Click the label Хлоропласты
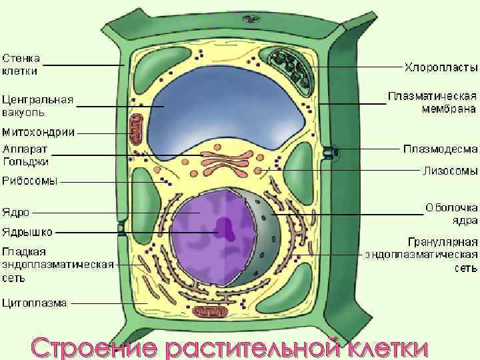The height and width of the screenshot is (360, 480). click(441, 68)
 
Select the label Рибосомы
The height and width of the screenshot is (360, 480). click(30, 180)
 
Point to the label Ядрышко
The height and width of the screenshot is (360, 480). click(27, 233)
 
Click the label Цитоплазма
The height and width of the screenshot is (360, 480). click(35, 303)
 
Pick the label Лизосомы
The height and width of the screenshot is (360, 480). click(450, 170)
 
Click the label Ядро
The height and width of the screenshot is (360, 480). click(15, 213)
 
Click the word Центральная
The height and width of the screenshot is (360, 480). click(37, 100)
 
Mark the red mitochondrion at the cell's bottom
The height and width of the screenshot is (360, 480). click(211, 312)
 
